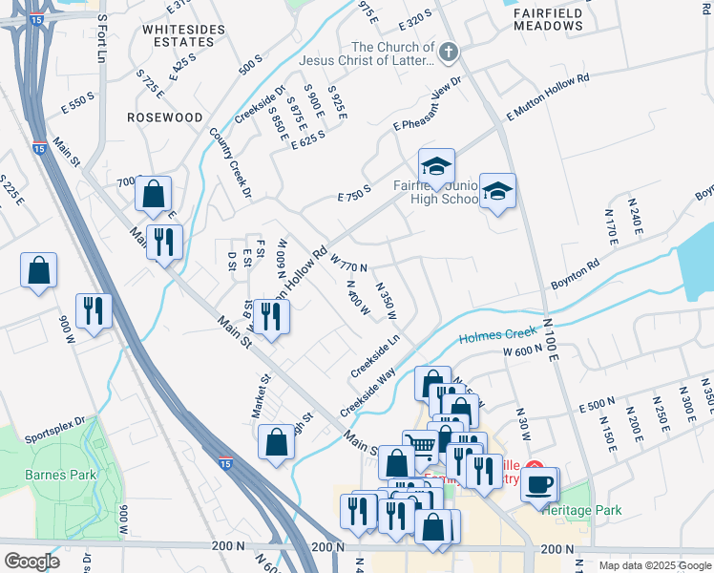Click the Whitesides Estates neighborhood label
pyautogui.click(x=178, y=35)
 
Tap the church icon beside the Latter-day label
pyautogui.click(x=449, y=53)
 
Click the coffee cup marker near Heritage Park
pyautogui.click(x=540, y=483)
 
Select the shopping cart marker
pyautogui.click(x=420, y=445)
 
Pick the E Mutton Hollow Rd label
pyautogui.click(x=548, y=97)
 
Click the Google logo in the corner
pyautogui.click(x=31, y=562)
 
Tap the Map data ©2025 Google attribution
pyautogui.click(x=654, y=565)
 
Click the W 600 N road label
pyautogui.click(x=522, y=351)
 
